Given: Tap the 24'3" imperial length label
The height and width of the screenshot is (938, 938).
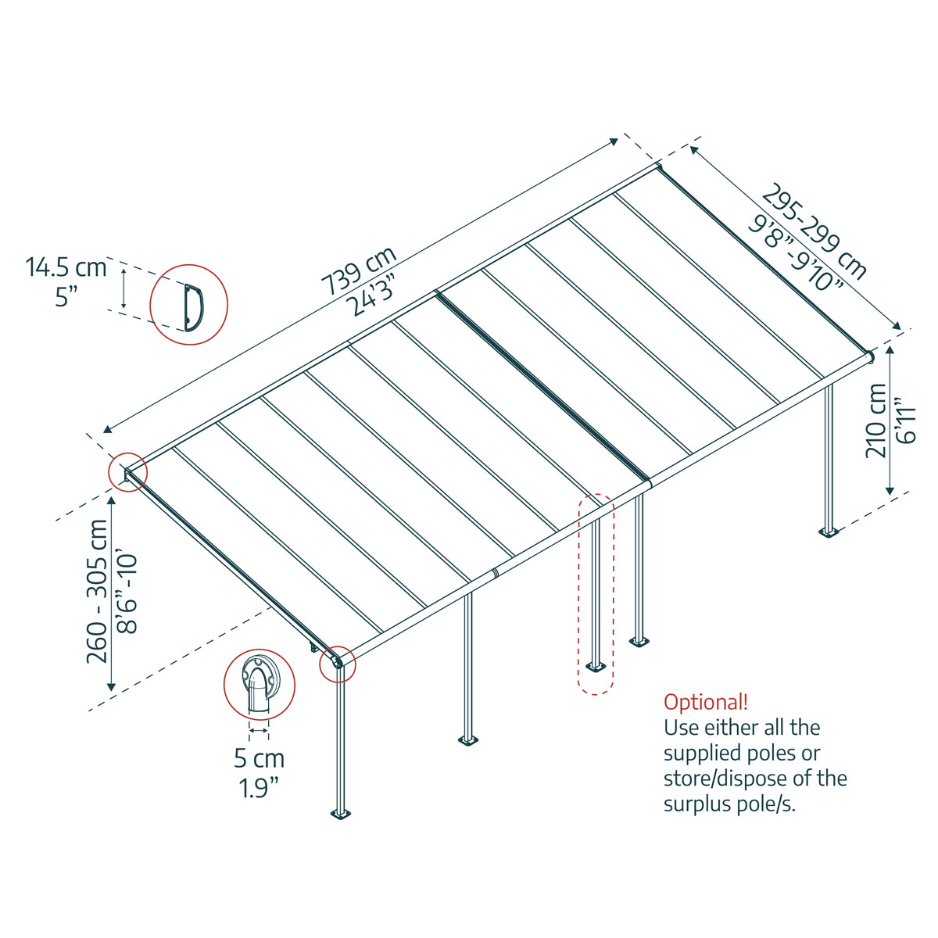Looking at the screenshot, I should pyautogui.click(x=374, y=296).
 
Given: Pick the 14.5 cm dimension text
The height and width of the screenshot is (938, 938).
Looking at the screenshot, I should pyautogui.click(x=66, y=267).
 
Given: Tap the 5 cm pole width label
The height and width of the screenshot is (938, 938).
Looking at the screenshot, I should pyautogui.click(x=259, y=758).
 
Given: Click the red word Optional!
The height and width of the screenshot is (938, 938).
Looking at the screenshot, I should pyautogui.click(x=706, y=700).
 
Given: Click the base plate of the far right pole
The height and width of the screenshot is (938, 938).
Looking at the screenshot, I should pyautogui.click(x=829, y=533).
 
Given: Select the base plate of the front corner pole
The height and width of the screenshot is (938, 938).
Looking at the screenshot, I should pyautogui.click(x=342, y=814).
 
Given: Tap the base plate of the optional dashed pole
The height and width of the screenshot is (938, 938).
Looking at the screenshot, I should pyautogui.click(x=596, y=667).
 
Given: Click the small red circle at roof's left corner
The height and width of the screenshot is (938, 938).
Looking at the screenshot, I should pyautogui.click(x=127, y=472).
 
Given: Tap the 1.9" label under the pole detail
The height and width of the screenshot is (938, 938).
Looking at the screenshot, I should pyautogui.click(x=259, y=787).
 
